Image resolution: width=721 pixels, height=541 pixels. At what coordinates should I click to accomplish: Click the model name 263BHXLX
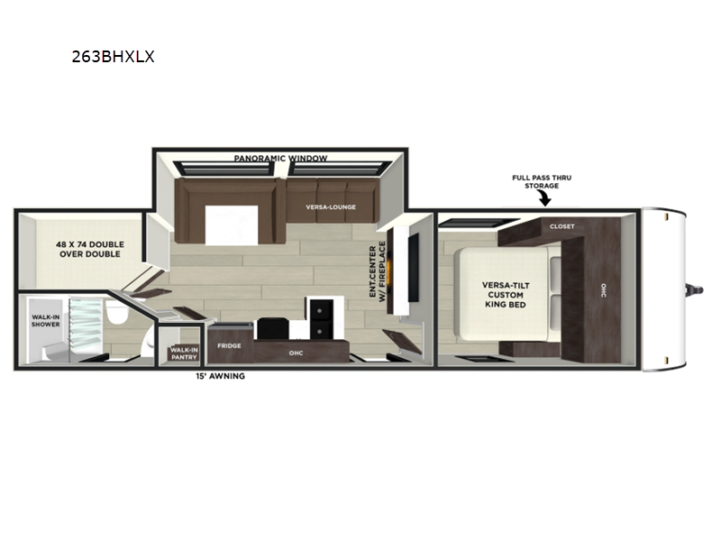point(114,57)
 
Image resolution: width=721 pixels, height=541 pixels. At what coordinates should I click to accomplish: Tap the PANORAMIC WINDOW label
point(280,159)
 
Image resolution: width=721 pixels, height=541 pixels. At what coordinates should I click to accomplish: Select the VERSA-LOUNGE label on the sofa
point(331,207)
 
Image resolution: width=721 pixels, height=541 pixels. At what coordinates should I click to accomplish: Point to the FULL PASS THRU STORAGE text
point(542,182)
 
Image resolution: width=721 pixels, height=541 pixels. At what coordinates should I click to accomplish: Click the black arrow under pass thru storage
point(545,198)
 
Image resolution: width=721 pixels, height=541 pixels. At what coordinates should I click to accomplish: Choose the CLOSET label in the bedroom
point(561,226)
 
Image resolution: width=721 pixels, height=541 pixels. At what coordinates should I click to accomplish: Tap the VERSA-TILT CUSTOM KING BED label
point(506,295)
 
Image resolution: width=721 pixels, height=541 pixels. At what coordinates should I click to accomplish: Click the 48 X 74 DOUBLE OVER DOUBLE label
point(89,249)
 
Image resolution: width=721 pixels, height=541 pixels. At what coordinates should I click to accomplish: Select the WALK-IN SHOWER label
point(46,321)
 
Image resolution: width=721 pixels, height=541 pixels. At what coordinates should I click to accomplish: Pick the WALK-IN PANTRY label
point(184,353)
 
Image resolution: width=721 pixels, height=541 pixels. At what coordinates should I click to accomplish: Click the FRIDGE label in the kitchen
point(229,345)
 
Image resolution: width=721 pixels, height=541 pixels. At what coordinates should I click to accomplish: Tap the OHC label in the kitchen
point(296,353)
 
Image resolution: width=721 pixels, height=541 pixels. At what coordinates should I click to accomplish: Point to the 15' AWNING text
point(220,376)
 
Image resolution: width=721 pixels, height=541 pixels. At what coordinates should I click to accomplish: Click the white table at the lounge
point(232,225)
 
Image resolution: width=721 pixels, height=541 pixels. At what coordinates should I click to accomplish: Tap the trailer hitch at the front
point(694,289)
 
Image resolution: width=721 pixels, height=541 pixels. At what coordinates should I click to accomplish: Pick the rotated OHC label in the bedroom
point(603,289)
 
